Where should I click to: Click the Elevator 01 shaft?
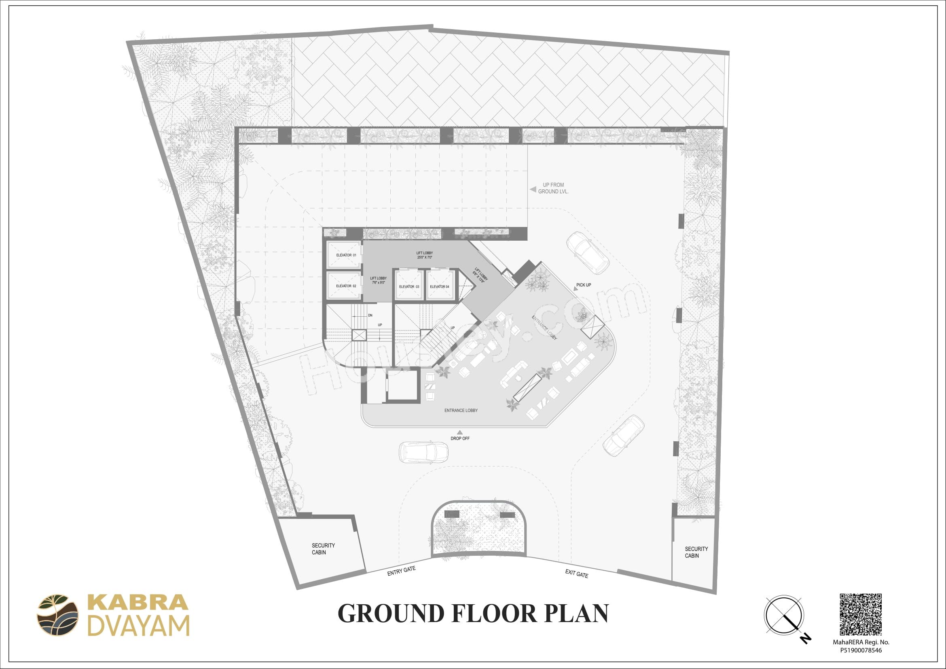[x=344, y=255]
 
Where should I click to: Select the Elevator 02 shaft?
[x=344, y=286]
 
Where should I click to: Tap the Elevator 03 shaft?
[x=409, y=285]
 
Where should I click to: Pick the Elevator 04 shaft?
[x=440, y=285]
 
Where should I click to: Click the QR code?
[x=861, y=615]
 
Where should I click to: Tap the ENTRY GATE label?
[x=401, y=572]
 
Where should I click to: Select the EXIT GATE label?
[x=576, y=573]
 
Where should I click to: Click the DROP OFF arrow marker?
[x=460, y=432]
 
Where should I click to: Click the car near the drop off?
[x=423, y=453]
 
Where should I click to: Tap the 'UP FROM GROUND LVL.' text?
[x=553, y=188]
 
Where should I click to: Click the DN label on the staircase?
[x=370, y=315]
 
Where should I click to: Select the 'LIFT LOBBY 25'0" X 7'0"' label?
[x=424, y=255]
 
